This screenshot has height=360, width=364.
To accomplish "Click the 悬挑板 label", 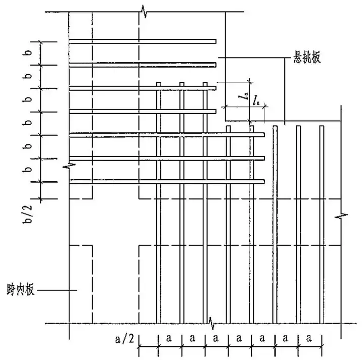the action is coord(307,57).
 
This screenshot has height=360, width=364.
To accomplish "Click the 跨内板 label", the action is coord(21,289).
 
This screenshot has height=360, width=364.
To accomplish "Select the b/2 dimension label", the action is coord(28,214).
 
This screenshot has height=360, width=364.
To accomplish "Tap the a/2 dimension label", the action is coord(124,339).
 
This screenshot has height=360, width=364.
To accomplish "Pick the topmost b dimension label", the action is coord(28,53).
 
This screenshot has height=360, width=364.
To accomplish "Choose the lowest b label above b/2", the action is coord(28,170).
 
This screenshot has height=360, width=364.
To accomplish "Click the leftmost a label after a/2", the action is coord(169,338).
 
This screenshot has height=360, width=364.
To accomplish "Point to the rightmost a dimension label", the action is coord(309,338).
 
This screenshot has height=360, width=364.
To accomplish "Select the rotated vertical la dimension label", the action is coord(244,96).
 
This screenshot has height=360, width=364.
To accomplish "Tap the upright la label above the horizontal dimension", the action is coord(256,100).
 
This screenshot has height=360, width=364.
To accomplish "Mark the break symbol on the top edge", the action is coord(145,11).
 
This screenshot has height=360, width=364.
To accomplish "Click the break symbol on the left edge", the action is coord(69,166).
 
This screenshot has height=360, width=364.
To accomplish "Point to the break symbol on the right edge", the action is coord(341,216).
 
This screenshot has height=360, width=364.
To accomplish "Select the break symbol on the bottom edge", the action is coord(211,323).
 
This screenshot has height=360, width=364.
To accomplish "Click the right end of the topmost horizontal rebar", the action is coord(216,41).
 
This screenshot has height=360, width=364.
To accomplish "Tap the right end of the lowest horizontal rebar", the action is coord(264,181).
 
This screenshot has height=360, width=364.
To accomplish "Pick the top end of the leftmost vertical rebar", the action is coord(159,82).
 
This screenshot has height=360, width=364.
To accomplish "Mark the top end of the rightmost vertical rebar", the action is coord(322,126).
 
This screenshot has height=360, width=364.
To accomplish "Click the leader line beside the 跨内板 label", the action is coord(57,290).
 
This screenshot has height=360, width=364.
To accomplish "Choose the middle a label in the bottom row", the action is coord(239,338).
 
